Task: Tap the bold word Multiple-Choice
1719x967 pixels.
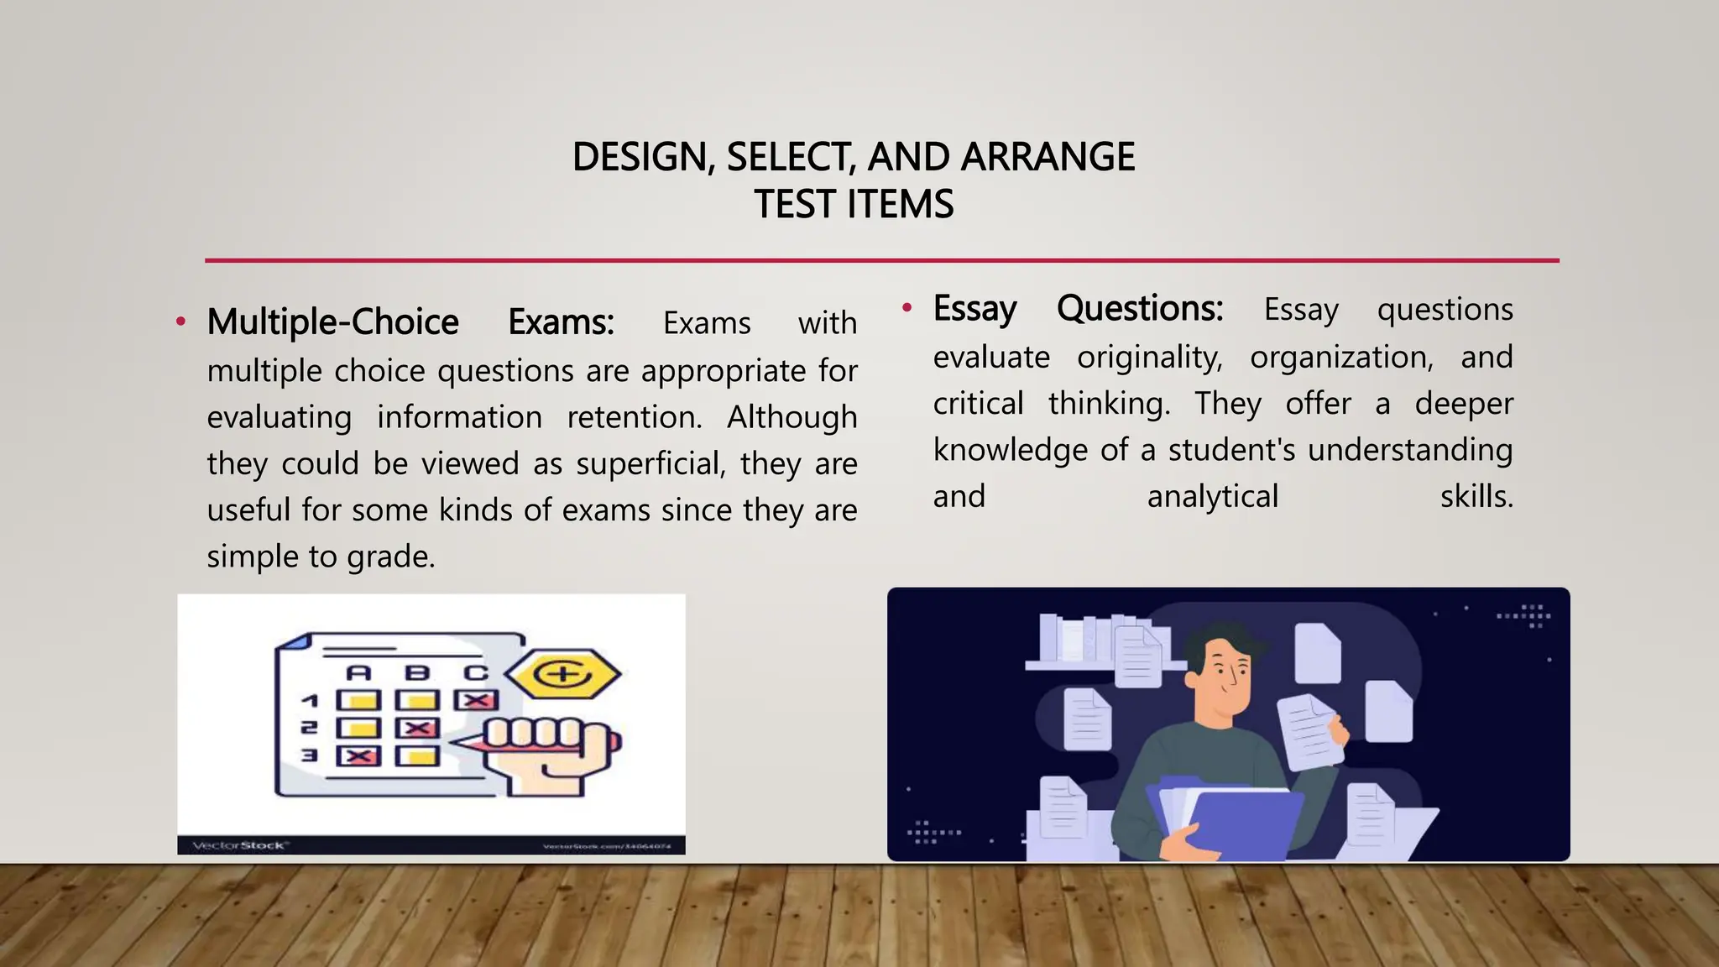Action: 332,322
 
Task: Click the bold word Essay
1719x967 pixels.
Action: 974,309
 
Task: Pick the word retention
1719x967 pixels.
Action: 635,417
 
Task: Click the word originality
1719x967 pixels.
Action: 1150,358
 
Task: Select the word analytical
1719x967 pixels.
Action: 1212,496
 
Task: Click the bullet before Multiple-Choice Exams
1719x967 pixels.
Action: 180,321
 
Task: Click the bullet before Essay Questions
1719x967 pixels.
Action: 907,308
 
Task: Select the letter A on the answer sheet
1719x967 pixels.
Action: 358,672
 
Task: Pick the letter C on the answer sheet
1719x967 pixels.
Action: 476,672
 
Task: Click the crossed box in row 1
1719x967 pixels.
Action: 476,700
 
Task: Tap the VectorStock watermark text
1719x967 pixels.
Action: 240,845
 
